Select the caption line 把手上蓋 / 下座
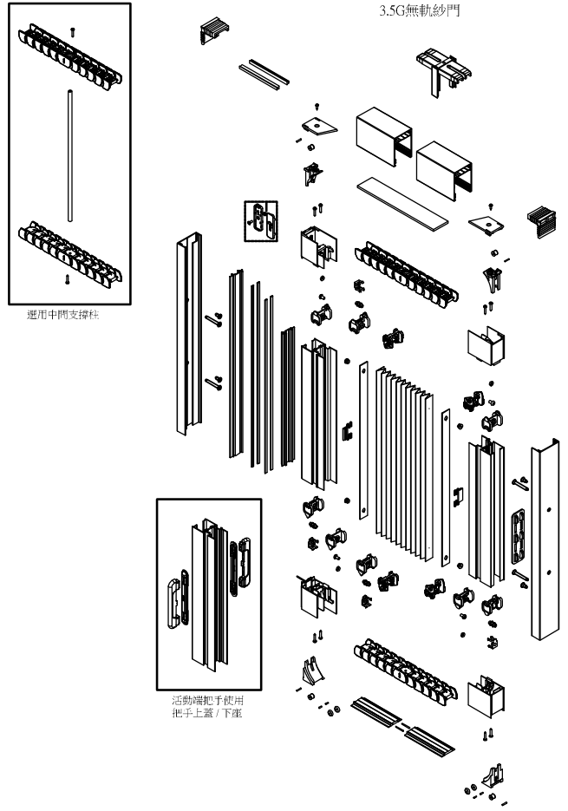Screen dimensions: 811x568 click(208, 712)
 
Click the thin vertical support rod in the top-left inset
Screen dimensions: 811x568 click(68, 156)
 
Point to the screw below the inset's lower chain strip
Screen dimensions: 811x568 click(69, 278)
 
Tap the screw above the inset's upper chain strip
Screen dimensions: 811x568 click(71, 29)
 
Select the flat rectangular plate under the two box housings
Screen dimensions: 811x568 click(402, 201)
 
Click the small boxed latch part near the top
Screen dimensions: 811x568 click(260, 219)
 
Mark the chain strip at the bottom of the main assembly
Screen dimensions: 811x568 click(403, 666)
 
